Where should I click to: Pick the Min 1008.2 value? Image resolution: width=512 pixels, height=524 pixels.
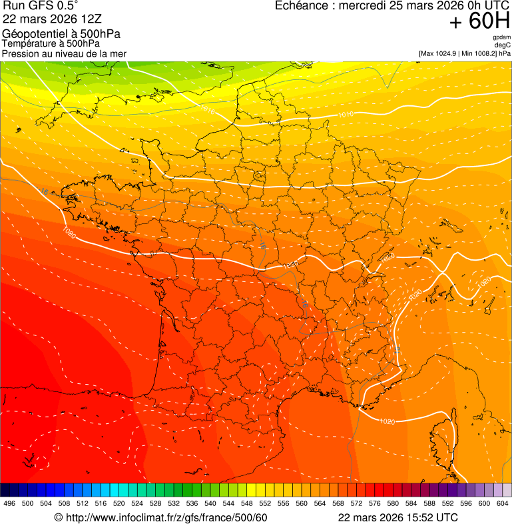tap(483, 53)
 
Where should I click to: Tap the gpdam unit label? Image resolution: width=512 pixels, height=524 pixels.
tap(501, 37)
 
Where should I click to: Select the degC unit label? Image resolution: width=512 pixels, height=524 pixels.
tap(503, 45)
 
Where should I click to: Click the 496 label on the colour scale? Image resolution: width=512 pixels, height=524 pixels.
tap(9, 503)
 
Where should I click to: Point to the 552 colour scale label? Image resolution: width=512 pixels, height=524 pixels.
tap(264, 503)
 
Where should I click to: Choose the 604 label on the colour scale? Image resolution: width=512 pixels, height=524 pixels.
tap(503, 503)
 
